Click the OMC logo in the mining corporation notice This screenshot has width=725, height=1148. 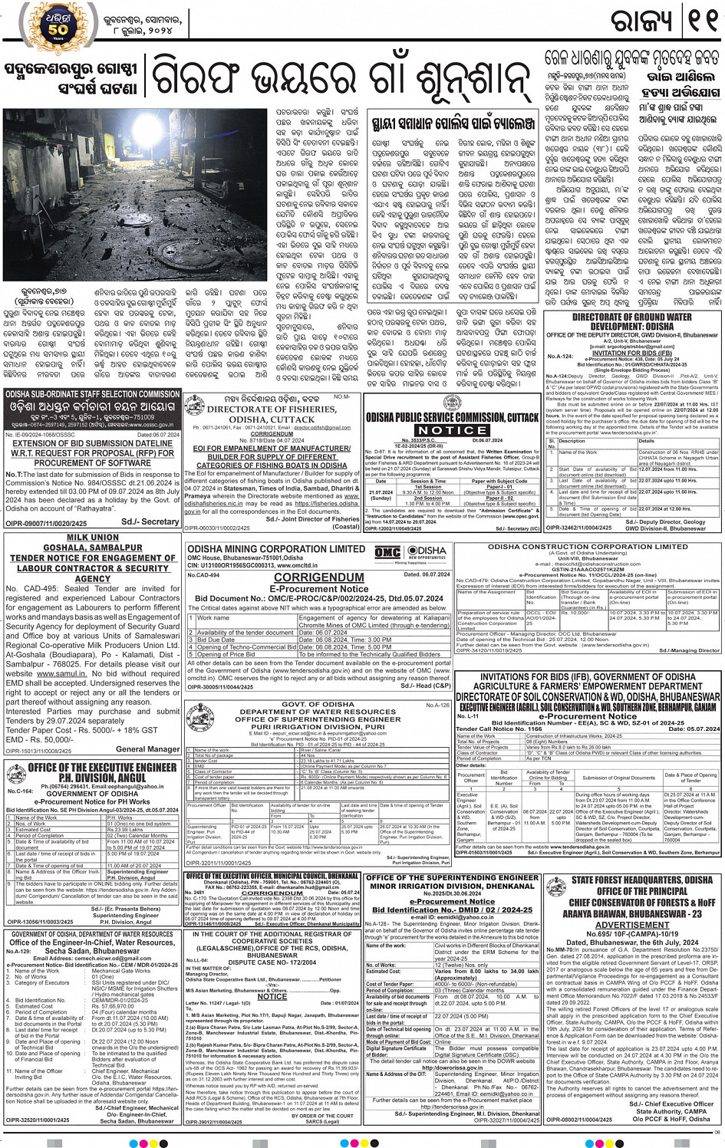coord(387,554)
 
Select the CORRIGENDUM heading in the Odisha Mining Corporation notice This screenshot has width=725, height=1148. coord(318,577)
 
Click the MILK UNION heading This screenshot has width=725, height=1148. coord(92,538)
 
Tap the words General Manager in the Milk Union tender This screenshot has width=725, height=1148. coord(148,749)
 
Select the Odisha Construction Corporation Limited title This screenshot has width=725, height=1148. coord(588,547)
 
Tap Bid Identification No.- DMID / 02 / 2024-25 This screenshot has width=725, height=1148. coord(452,910)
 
